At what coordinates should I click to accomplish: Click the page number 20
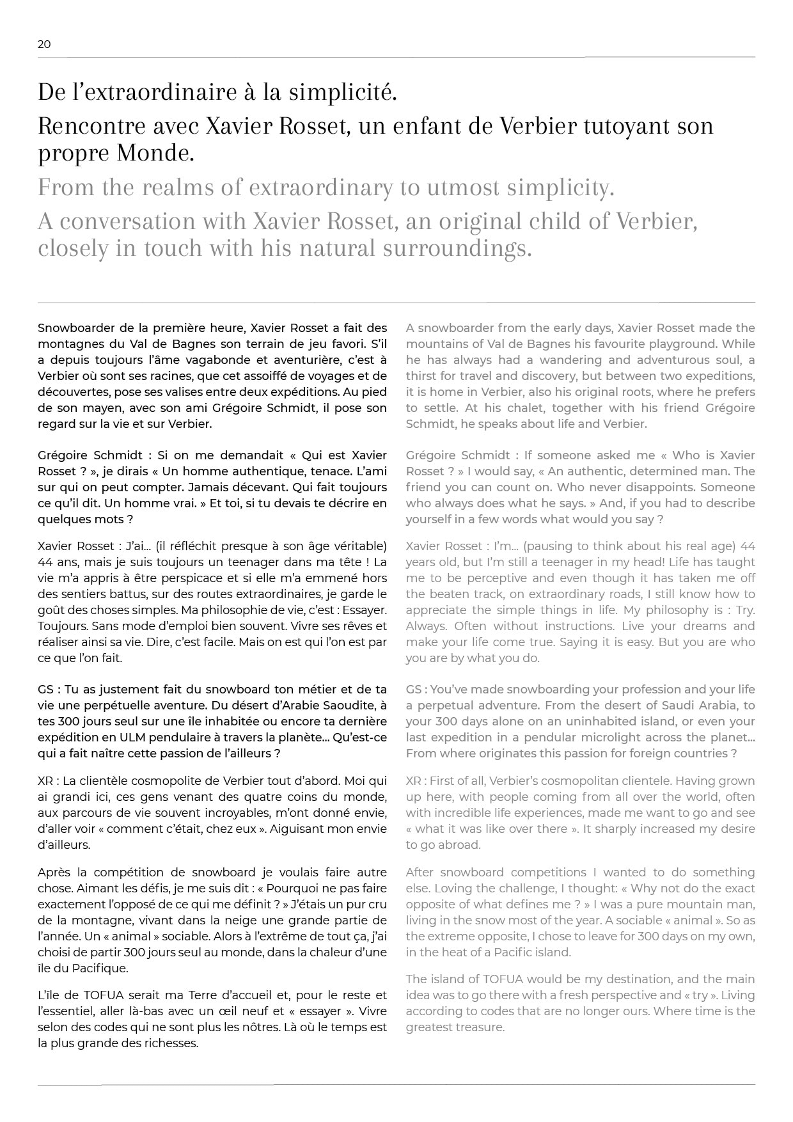tap(44, 44)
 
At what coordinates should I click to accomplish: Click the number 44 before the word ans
tap(45, 562)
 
